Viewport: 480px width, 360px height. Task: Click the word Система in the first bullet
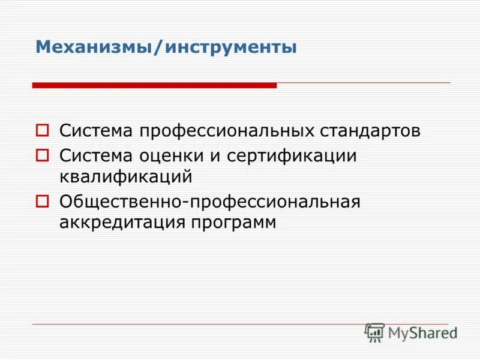(97, 130)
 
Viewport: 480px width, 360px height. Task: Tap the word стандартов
(371, 130)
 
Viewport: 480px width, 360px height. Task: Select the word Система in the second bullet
(97, 156)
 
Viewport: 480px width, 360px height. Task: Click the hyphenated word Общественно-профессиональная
(209, 202)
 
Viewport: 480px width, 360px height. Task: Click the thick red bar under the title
(154, 86)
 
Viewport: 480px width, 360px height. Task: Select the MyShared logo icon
(374, 332)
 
